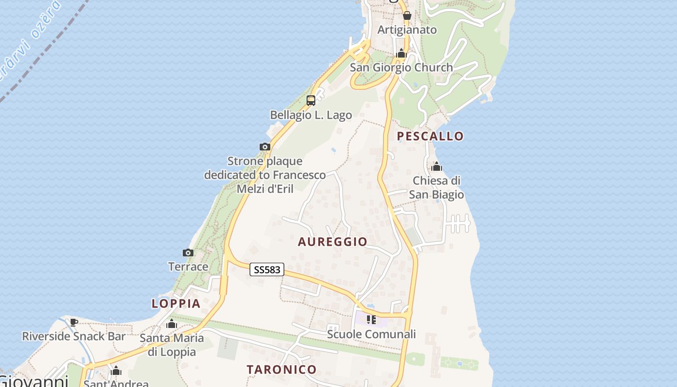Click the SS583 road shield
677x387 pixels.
tap(267, 269)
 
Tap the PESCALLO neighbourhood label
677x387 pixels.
tap(430, 136)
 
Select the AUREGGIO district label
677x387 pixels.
tap(333, 242)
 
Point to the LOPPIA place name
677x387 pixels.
tap(176, 304)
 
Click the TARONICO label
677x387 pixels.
tap(281, 370)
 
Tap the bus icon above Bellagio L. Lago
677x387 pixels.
tap(311, 101)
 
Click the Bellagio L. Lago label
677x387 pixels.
tap(311, 115)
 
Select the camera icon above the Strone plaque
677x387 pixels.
tap(265, 147)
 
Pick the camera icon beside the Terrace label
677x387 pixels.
tap(188, 253)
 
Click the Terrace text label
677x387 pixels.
tap(188, 267)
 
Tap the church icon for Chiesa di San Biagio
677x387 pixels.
tap(437, 167)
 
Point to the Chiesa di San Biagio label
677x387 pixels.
tap(437, 188)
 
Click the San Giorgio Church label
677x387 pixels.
tap(401, 68)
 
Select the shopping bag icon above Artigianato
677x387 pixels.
tap(407, 15)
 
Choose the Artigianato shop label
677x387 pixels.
tap(407, 30)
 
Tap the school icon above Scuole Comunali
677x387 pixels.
tap(371, 320)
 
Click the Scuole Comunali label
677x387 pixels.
tap(371, 334)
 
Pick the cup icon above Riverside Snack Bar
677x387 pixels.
tap(74, 322)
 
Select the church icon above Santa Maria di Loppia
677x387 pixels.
tap(172, 324)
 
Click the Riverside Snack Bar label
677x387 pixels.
tap(74, 336)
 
